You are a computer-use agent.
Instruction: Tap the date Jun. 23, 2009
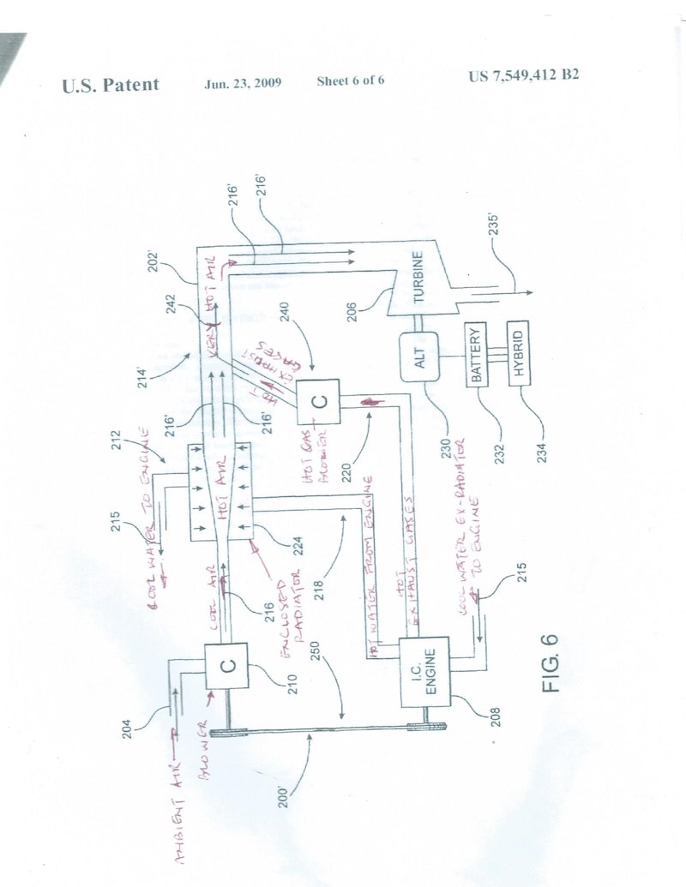click(x=244, y=83)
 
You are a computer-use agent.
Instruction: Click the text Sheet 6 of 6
click(x=350, y=81)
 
